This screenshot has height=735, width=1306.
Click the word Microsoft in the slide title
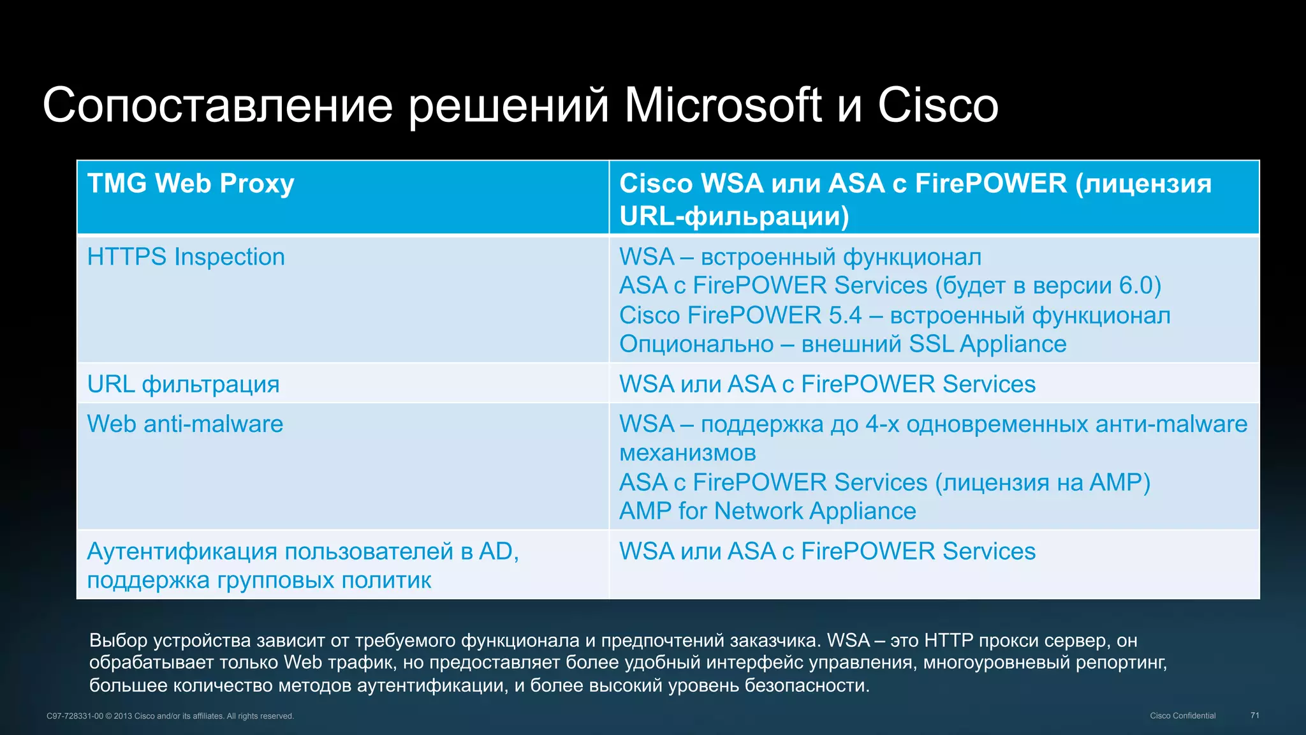723,105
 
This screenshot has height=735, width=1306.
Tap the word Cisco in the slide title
937,105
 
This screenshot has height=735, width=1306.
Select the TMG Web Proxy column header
191,184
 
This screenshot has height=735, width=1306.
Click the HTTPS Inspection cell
186,257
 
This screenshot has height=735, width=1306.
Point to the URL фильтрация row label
183,385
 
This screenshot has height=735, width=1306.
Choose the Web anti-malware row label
185,424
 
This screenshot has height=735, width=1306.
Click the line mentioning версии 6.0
890,286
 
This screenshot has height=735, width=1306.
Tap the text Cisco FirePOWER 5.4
740,315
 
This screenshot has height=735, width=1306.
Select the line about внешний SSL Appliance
842,345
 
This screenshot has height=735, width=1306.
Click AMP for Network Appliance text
767,511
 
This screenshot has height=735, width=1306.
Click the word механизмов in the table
687,453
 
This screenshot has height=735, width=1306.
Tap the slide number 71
1254,715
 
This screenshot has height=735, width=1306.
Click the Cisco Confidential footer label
1182,716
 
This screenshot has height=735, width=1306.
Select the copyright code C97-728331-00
75,716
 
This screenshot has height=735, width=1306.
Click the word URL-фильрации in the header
733,216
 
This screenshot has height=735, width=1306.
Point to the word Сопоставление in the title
217,105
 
